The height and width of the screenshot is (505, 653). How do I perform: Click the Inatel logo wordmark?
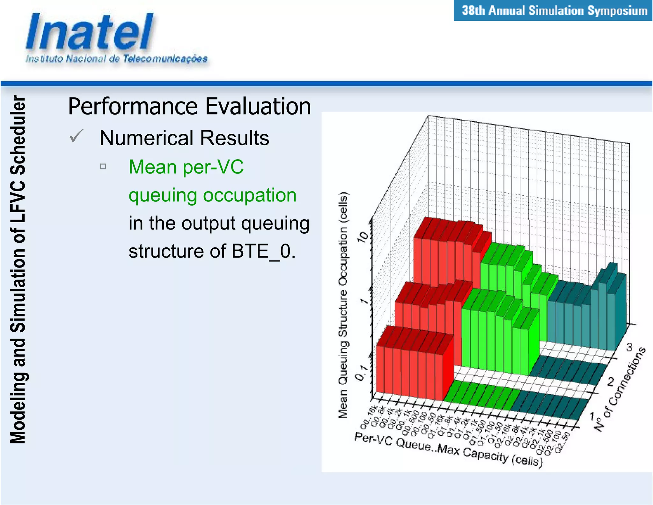pos(89,32)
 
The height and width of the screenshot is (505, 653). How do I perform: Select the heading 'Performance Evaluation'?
pos(189,106)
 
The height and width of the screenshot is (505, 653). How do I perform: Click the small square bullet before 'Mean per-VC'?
pos(103,166)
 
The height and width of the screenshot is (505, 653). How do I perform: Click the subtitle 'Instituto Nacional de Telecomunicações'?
pos(116,59)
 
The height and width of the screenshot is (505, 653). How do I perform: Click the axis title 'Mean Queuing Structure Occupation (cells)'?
pos(343,305)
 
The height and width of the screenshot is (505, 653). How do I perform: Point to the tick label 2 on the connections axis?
pos(611,381)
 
